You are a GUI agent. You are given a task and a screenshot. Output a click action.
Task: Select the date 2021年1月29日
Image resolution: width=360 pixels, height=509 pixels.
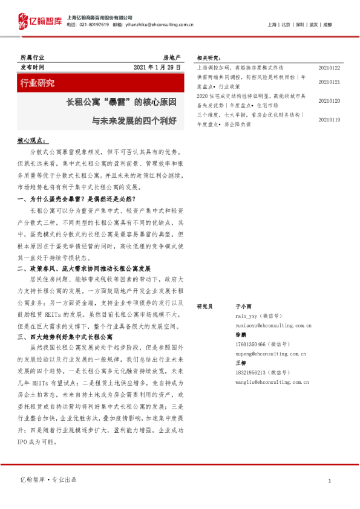[x=157, y=66]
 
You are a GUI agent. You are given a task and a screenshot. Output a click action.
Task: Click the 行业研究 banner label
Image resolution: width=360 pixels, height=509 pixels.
[x=38, y=83]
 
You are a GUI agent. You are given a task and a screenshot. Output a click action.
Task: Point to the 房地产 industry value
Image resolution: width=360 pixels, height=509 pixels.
[x=172, y=56]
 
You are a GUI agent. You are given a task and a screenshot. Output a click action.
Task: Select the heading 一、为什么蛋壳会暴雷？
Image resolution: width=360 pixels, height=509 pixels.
[x=76, y=198]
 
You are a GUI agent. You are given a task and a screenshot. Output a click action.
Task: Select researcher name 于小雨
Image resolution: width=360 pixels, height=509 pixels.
[x=243, y=306]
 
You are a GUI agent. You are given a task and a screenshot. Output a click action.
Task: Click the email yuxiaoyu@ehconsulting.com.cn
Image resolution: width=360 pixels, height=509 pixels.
[x=273, y=325]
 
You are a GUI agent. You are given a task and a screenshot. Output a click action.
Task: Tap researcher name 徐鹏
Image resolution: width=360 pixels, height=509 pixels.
[x=240, y=334]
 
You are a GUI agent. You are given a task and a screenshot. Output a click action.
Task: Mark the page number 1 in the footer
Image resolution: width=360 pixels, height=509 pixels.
[x=329, y=481]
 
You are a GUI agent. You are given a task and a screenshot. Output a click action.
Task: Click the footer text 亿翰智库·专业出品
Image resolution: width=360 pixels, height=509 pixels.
[x=48, y=480]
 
